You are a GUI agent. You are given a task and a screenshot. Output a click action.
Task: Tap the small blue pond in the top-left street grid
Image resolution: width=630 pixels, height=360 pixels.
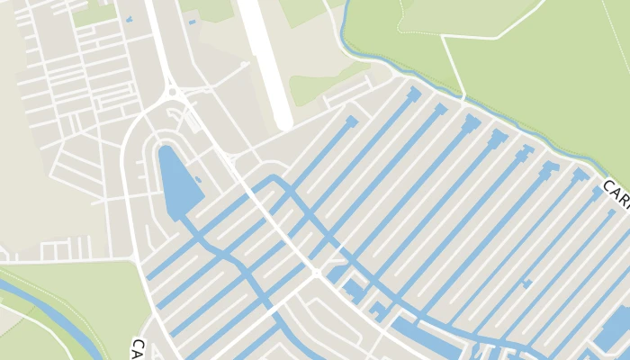pyautogui.click(x=129, y=19)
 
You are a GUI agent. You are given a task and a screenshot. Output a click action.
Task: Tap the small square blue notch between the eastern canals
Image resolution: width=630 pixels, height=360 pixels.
pyautogui.click(x=526, y=284)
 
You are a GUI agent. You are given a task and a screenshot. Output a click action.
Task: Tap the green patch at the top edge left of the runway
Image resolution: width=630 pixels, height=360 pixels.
pyautogui.click(x=211, y=9)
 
